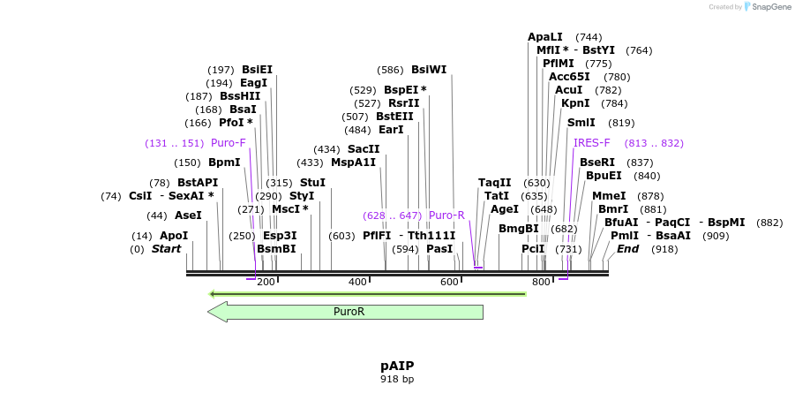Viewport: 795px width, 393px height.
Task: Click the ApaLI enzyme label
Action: (x=544, y=37)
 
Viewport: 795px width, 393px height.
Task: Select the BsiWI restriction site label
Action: (x=429, y=70)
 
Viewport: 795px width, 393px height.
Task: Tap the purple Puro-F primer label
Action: (x=228, y=142)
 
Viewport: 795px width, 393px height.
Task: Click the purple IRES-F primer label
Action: (x=591, y=142)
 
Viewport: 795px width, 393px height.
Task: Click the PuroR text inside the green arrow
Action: (x=349, y=312)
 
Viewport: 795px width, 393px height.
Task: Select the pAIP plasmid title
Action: (x=397, y=366)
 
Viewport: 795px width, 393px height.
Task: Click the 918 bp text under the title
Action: (x=397, y=380)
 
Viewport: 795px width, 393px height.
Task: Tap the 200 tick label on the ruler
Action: (x=266, y=282)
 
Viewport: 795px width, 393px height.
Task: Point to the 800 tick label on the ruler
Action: (x=541, y=282)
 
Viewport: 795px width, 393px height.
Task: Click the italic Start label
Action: (x=166, y=249)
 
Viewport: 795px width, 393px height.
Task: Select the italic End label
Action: (x=627, y=249)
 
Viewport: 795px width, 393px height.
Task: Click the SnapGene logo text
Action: (x=769, y=7)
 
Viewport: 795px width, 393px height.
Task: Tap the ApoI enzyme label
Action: (x=174, y=236)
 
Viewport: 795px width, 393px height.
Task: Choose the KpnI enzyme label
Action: (x=575, y=103)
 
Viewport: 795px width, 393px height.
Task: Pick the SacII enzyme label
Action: (x=364, y=149)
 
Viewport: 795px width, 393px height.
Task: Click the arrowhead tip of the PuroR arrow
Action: (x=209, y=312)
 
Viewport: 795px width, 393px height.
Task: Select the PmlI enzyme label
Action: (x=624, y=236)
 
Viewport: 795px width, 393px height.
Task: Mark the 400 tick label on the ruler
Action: (x=357, y=282)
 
